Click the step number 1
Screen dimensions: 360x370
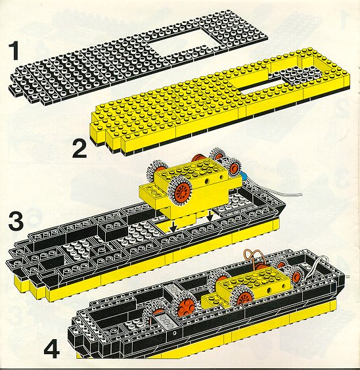click(x=15, y=51)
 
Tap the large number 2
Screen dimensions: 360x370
click(x=79, y=149)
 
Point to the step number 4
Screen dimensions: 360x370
click(x=52, y=351)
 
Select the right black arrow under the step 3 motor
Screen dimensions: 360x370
click(x=210, y=216)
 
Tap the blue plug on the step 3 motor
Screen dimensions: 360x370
click(x=244, y=175)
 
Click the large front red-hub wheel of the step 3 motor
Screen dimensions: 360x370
click(x=180, y=191)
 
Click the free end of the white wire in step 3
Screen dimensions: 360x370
click(x=301, y=195)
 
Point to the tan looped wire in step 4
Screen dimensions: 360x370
click(x=252, y=257)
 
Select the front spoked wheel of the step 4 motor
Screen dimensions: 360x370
click(x=243, y=298)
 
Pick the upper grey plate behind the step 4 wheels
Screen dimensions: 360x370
click(x=174, y=290)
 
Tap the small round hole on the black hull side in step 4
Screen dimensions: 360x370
click(x=174, y=333)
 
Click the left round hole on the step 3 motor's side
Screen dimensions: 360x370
click(x=207, y=181)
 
